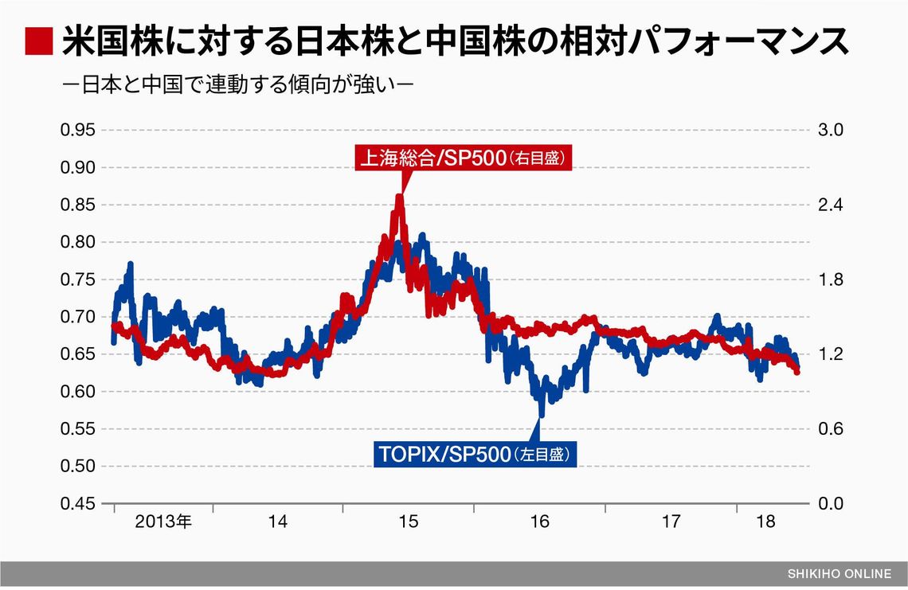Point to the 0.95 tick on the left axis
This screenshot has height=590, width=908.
click(77, 131)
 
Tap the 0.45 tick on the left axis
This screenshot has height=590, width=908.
click(77, 504)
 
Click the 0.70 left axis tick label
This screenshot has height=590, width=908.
click(77, 317)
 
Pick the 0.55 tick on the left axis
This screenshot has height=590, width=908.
click(77, 429)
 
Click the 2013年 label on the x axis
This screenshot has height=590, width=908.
click(163, 522)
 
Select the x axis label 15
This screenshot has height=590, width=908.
click(408, 522)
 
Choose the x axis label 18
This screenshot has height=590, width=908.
click(765, 522)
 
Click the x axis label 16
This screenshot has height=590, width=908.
click(539, 522)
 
